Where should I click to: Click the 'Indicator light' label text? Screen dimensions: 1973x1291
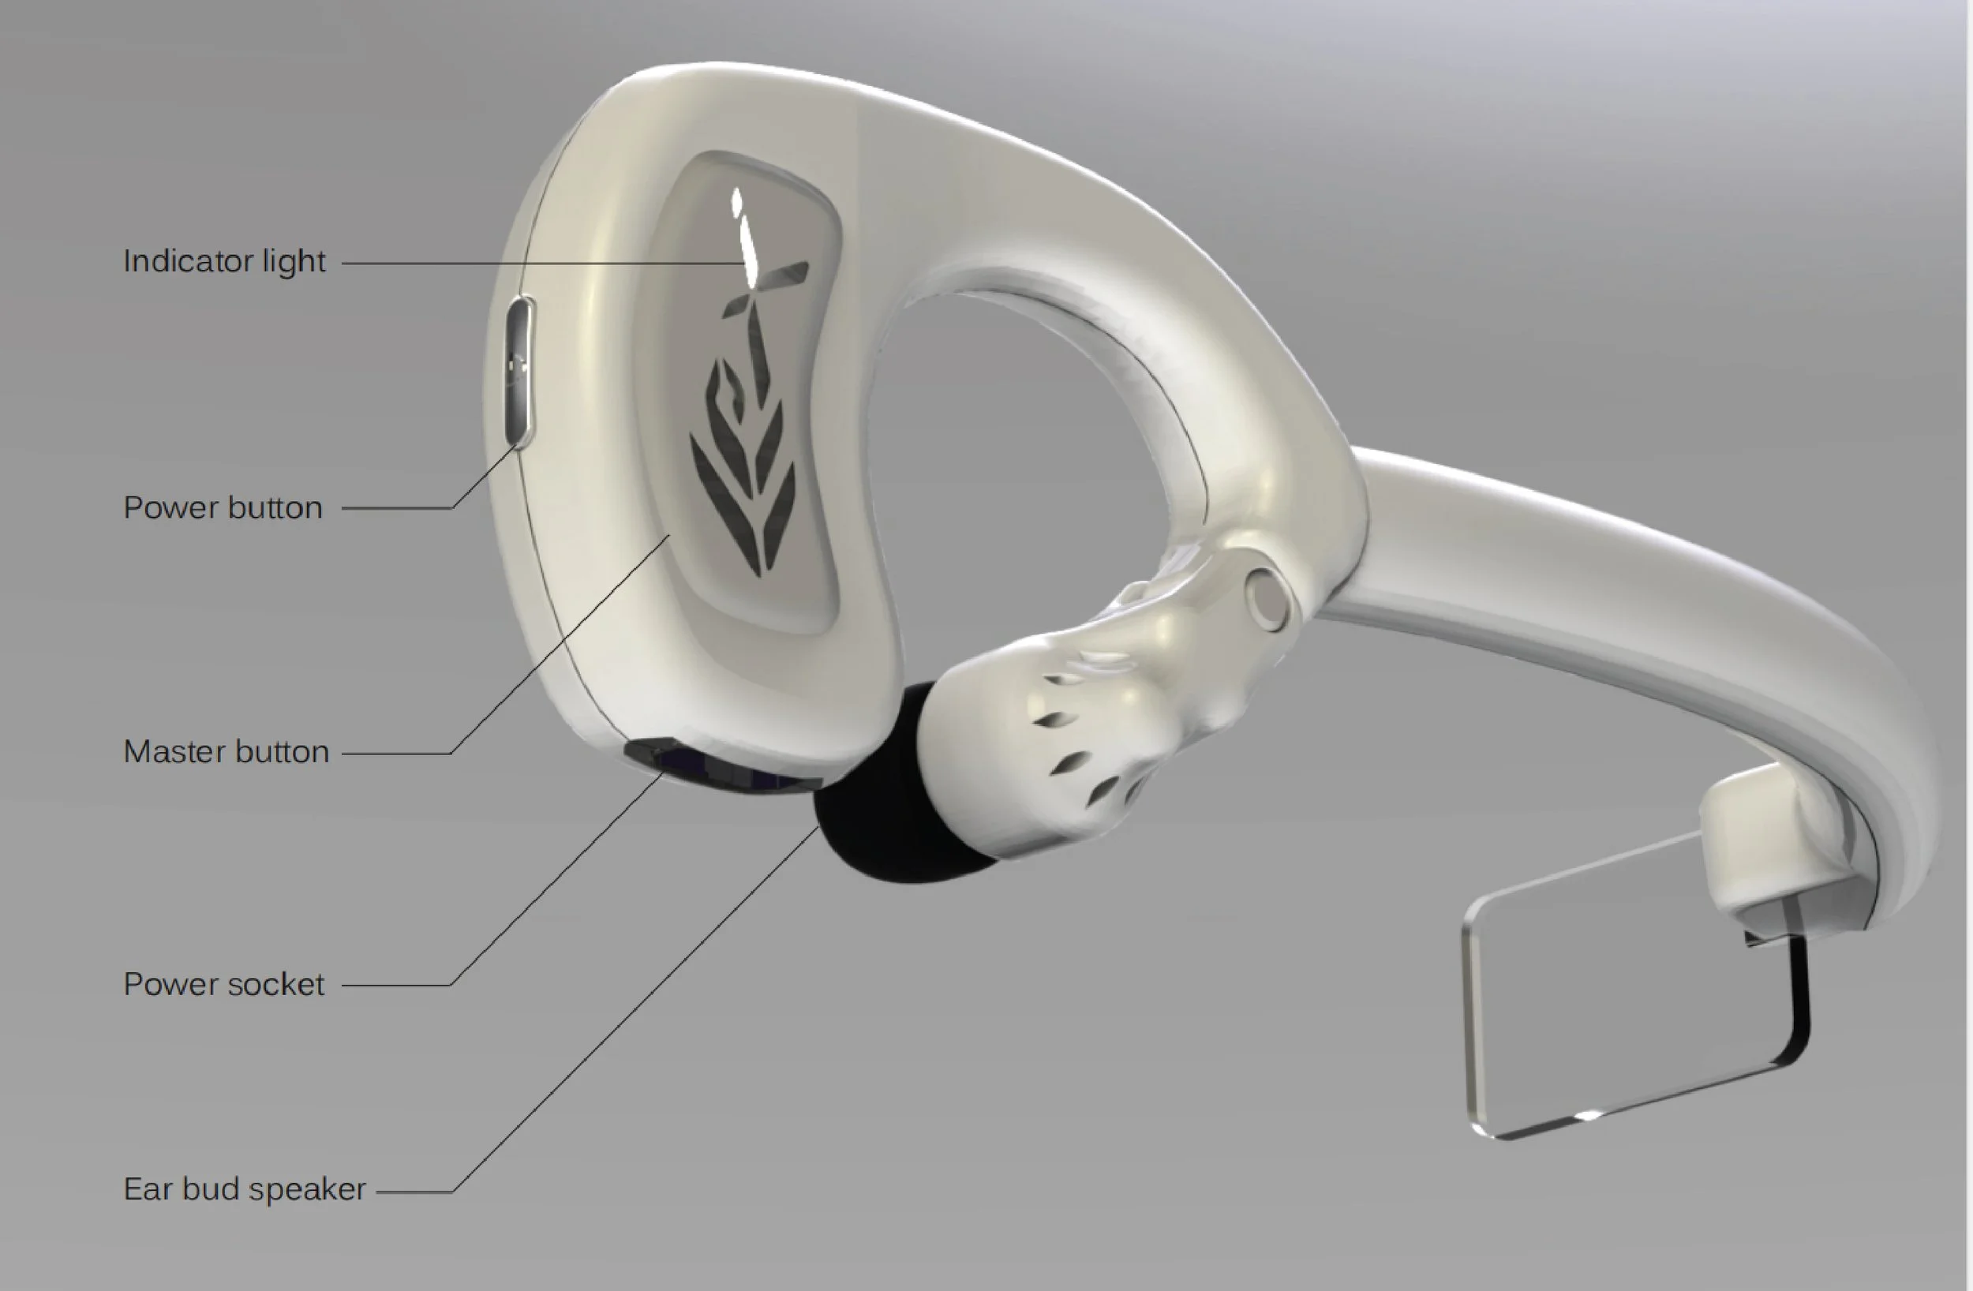click(x=224, y=261)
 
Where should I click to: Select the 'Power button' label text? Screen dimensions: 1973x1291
click(x=223, y=507)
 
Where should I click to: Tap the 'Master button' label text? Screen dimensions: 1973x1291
click(x=227, y=751)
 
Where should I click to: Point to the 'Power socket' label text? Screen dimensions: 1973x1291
click(x=224, y=984)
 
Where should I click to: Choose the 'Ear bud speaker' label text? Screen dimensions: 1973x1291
click(x=245, y=1189)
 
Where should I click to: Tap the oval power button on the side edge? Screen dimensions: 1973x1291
click(x=520, y=372)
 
